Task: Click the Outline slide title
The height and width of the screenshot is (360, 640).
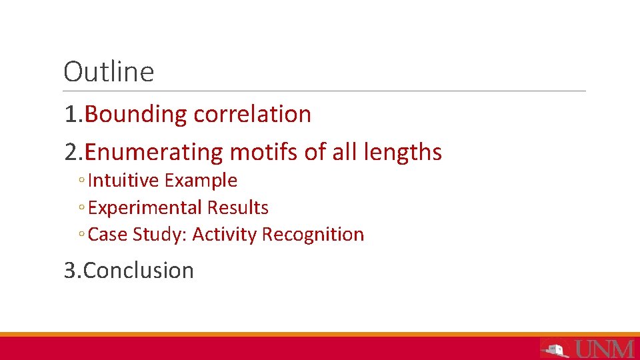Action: coord(109,72)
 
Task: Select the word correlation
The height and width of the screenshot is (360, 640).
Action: coord(252,115)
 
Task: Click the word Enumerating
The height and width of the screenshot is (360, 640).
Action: coord(154,153)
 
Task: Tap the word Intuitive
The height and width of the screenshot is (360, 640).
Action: coord(123,181)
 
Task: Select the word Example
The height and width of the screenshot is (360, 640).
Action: coord(201,181)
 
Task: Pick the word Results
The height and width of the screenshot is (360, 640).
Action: coord(237,208)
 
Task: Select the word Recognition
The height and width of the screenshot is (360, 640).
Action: coord(313,235)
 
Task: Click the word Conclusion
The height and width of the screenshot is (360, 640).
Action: coord(139,271)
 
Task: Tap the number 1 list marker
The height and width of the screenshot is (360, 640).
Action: coord(71,115)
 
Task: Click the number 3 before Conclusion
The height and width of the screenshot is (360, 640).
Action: coord(70,271)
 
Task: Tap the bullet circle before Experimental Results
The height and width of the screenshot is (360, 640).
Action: coord(81,209)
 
